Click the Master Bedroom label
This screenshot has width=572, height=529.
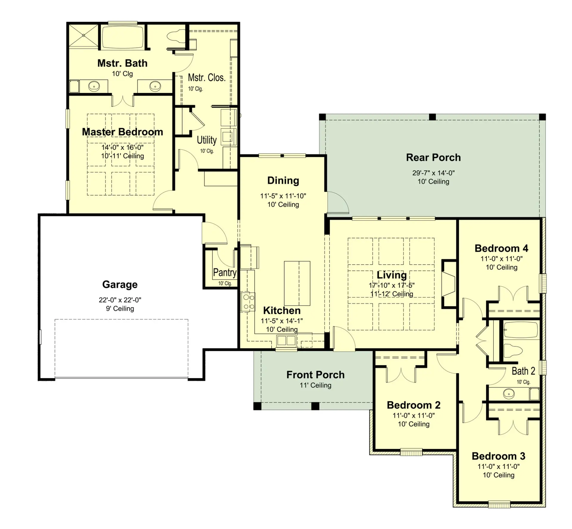tap(122, 132)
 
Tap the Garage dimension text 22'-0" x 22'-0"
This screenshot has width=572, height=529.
tap(120, 300)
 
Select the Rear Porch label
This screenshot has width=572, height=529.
tap(433, 157)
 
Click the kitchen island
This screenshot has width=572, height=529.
tap(297, 283)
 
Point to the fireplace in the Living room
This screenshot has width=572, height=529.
tap(449, 284)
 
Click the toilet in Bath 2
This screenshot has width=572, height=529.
tap(513, 350)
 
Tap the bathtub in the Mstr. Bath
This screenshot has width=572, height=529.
tap(123, 37)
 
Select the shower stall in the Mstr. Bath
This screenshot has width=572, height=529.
tap(83, 36)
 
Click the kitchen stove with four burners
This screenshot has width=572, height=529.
tap(248, 302)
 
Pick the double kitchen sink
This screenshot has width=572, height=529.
tap(286, 341)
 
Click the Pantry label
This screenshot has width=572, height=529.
tap(225, 272)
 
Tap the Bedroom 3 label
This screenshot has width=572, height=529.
tap(498, 456)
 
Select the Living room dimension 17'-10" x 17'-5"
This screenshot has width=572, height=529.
tap(391, 285)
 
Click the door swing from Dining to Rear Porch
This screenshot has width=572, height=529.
tap(338, 202)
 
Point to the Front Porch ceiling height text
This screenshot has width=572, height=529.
tap(315, 385)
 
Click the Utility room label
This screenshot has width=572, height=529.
tap(206, 140)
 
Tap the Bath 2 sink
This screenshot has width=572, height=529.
tap(509, 394)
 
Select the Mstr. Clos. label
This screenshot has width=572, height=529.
tap(206, 78)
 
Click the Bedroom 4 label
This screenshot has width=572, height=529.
tap(501, 248)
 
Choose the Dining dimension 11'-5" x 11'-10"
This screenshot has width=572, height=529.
tap(283, 196)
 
